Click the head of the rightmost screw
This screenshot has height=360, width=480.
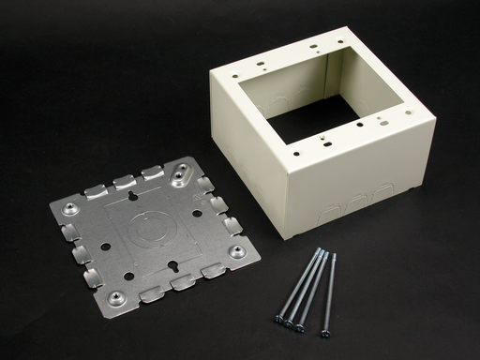[x=328, y=332]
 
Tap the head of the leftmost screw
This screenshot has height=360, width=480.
[x=279, y=321]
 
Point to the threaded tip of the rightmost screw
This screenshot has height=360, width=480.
[x=333, y=254]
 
